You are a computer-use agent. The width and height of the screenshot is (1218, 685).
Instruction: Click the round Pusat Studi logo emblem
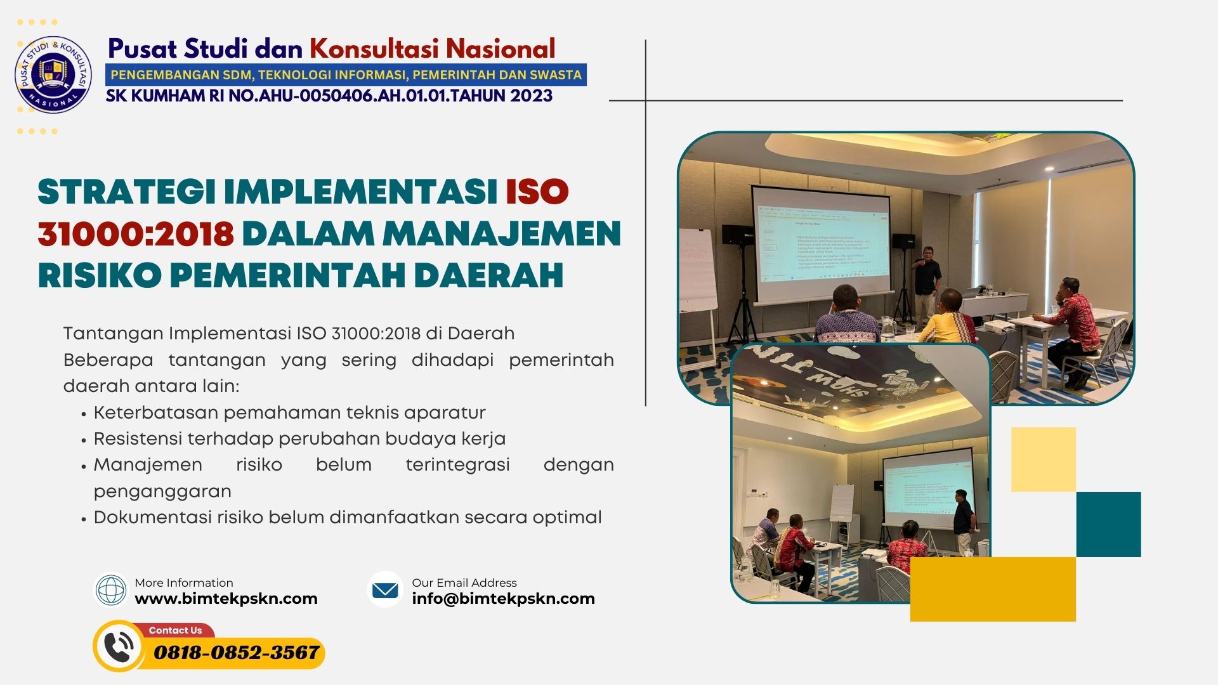[x=53, y=75]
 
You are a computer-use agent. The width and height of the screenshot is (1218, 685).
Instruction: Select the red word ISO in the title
[x=537, y=192]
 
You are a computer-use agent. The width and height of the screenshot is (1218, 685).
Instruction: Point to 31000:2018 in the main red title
[x=136, y=233]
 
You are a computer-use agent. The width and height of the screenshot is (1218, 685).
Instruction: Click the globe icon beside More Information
[x=111, y=590]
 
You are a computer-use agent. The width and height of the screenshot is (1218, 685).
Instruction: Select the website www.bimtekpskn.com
[x=226, y=599]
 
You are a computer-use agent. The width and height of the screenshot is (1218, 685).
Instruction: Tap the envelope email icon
[x=385, y=590]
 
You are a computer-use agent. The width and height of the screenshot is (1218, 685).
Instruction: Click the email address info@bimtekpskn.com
[x=503, y=599]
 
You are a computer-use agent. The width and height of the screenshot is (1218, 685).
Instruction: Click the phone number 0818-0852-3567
[x=236, y=653]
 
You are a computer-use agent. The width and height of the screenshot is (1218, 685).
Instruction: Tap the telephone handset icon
[x=119, y=647]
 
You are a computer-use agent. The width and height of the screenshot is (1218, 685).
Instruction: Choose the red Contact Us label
[x=175, y=630]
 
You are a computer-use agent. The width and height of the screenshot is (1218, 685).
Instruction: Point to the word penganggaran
[x=162, y=492]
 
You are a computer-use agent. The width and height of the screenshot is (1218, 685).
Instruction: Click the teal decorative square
[x=1108, y=525]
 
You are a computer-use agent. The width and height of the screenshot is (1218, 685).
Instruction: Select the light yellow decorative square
[x=1043, y=459]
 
